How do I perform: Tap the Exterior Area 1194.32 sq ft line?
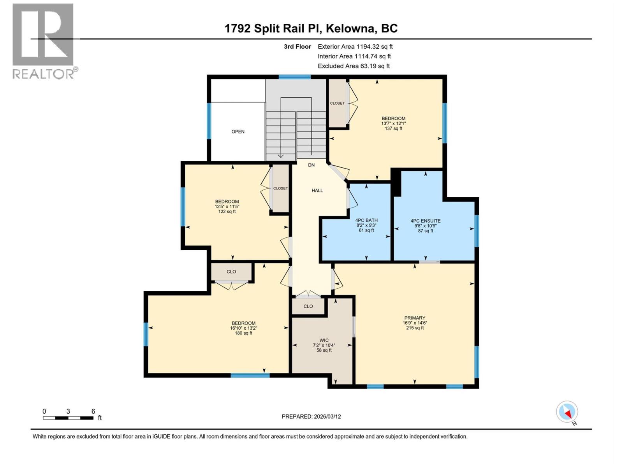point(355,47)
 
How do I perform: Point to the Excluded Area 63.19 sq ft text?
point(354,66)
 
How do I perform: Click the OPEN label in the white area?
point(238,132)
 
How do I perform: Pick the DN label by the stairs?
point(311,165)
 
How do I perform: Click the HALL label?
point(317,190)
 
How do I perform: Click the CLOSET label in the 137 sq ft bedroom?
point(337,103)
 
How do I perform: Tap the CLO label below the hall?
point(308,306)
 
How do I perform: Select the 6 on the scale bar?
point(93,411)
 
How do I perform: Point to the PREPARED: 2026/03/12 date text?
point(311,416)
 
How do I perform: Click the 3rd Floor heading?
point(297,47)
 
